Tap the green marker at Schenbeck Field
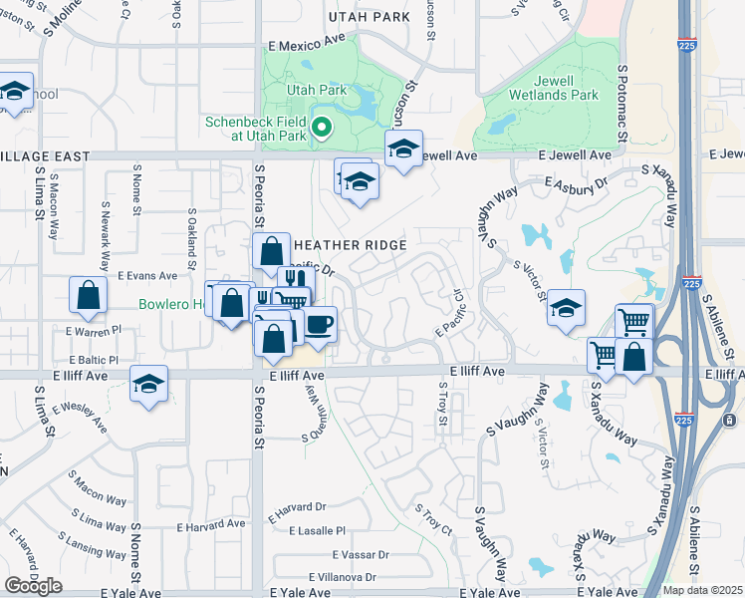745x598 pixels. tap(321, 128)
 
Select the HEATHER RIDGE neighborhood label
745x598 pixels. tap(348, 245)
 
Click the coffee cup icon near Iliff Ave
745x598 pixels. tap(319, 325)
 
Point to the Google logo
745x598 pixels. tap(33, 586)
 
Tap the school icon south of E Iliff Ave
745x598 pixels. tap(148, 385)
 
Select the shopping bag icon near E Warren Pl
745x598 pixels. tap(88, 295)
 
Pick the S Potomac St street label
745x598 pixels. tap(621, 99)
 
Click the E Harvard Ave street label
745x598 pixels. tap(210, 524)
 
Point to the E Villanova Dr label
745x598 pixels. tap(343, 577)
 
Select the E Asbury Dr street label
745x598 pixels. tap(577, 182)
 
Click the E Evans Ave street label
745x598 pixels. tap(146, 276)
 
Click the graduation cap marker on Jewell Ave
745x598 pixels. tap(403, 149)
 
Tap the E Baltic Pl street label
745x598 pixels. tap(94, 360)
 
